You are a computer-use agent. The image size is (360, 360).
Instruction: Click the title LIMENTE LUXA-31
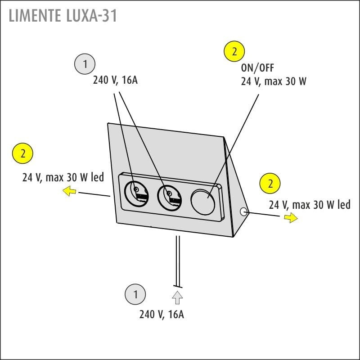pyautogui.click(x=63, y=15)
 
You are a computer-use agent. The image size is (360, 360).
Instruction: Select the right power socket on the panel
pyautogui.click(x=169, y=197)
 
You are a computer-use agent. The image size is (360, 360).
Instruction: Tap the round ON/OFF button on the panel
pyautogui.click(x=204, y=200)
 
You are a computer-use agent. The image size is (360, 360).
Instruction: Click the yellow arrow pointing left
pyautogui.click(x=69, y=192)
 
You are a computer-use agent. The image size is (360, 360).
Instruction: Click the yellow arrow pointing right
pyautogui.click(x=291, y=218)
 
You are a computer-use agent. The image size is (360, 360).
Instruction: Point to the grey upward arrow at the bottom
pyautogui.click(x=177, y=297)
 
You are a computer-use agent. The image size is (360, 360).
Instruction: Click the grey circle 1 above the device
pyautogui.click(x=84, y=64)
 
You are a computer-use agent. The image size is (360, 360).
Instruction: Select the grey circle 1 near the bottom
pyautogui.click(x=135, y=295)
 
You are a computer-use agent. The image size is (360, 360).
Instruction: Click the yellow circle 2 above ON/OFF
pyautogui.click(x=234, y=52)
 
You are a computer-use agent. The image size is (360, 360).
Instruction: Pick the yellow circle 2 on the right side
pyautogui.click(x=270, y=184)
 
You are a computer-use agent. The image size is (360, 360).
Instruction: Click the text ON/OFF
pyautogui.click(x=257, y=68)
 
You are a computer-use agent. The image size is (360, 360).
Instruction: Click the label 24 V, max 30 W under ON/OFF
pyautogui.click(x=274, y=81)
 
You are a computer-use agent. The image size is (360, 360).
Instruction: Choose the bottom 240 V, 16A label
pyautogui.click(x=162, y=315)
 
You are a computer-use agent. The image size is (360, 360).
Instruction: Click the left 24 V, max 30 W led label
pyautogui.click(x=63, y=177)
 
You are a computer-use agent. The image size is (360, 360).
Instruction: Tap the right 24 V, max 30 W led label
pyautogui.click(x=310, y=205)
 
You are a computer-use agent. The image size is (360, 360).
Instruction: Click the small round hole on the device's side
pyautogui.click(x=244, y=211)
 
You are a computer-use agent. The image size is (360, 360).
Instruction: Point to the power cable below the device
pyautogui.click(x=178, y=261)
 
